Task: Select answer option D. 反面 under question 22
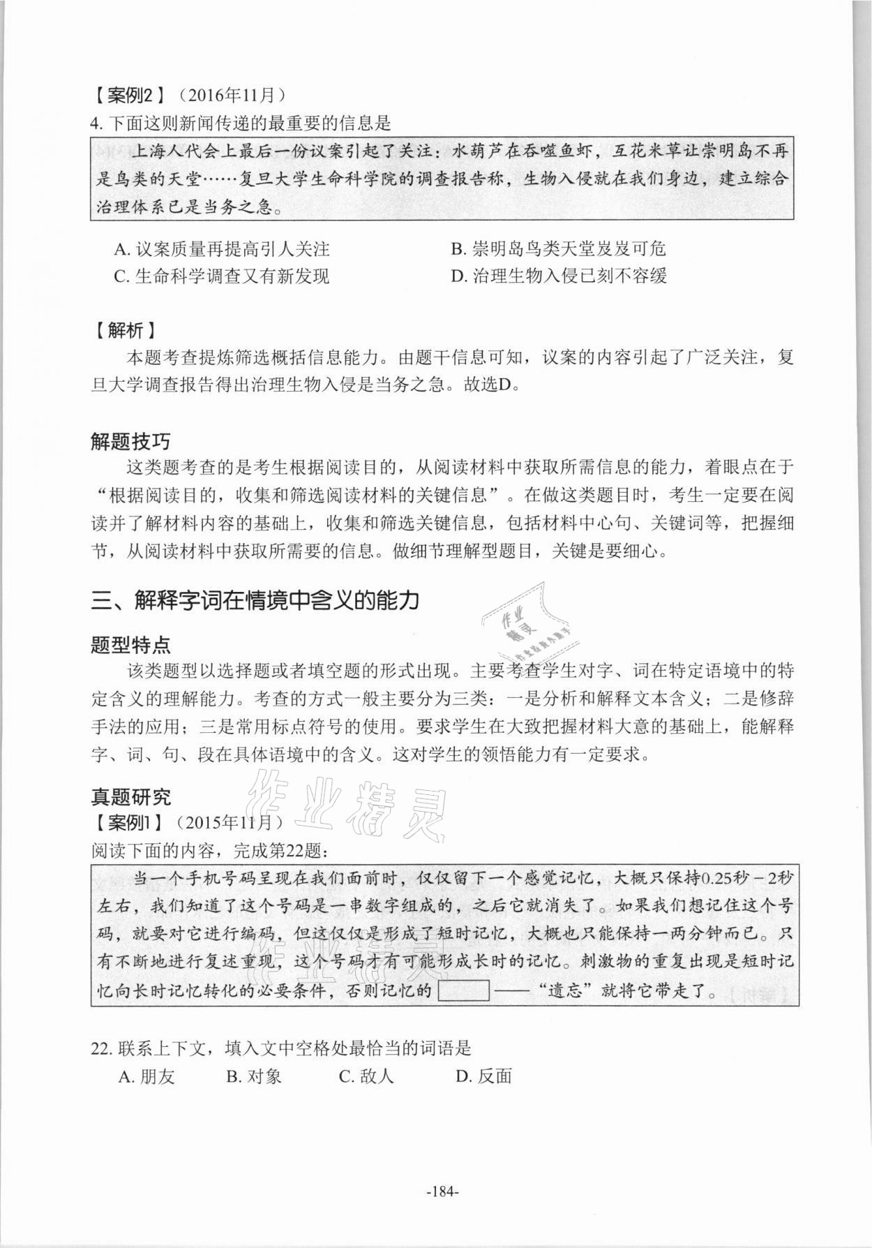coord(483,1076)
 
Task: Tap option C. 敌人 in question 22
coord(366,1076)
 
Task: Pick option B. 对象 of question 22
coord(254,1076)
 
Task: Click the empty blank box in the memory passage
coord(464,990)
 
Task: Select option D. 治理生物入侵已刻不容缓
coord(559,276)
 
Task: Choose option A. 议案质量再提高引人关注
coord(221,248)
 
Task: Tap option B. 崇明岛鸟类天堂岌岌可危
coord(558,248)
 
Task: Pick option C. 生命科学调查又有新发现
coord(221,276)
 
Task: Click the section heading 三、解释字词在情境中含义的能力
coord(255,600)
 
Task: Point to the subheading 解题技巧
coord(130,441)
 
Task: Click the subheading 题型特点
coord(130,644)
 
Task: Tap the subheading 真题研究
coord(130,796)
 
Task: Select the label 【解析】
coord(123,330)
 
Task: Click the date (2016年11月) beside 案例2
coord(231,94)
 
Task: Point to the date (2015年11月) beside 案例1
coord(230,822)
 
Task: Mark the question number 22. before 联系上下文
coord(102,1048)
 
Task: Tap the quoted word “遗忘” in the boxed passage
coord(564,991)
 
